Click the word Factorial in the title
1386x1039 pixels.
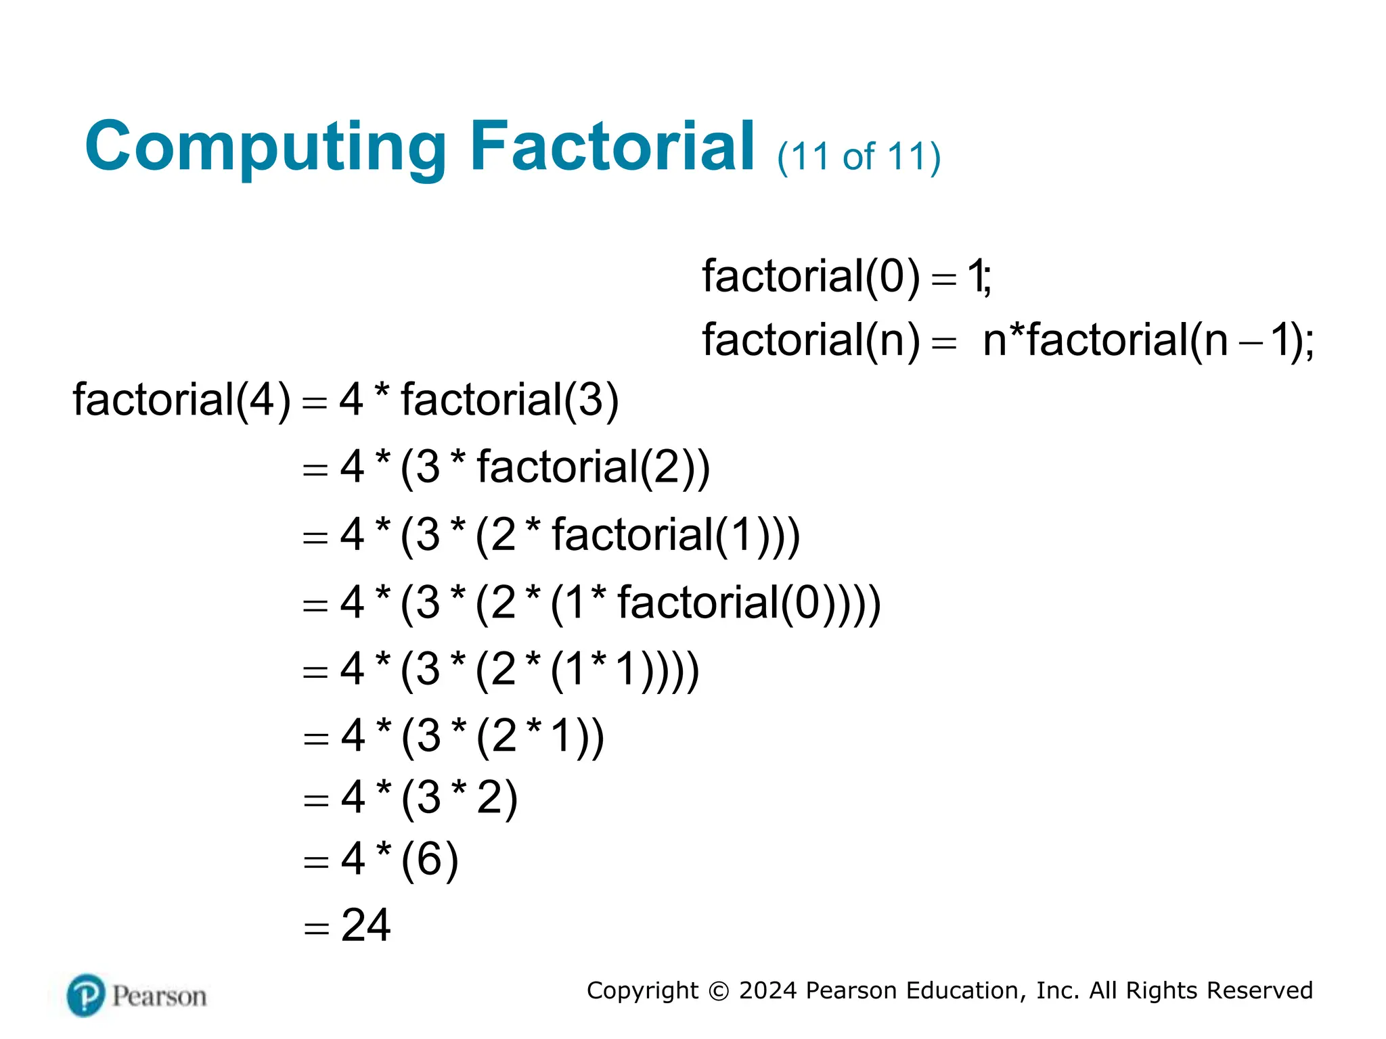click(x=612, y=146)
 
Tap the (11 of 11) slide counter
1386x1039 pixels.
click(x=858, y=157)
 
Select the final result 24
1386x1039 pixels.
click(x=365, y=925)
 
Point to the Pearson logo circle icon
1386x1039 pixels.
click(x=86, y=995)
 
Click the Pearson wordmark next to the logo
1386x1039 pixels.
click(x=159, y=996)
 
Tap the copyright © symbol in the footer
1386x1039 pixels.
click(x=718, y=991)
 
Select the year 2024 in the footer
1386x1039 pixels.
click(x=768, y=990)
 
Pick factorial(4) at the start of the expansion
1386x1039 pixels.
click(x=181, y=400)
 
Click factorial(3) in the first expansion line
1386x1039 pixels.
click(x=510, y=400)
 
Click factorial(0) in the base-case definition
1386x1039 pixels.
click(x=811, y=277)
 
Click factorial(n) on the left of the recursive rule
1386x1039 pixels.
click(x=811, y=340)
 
